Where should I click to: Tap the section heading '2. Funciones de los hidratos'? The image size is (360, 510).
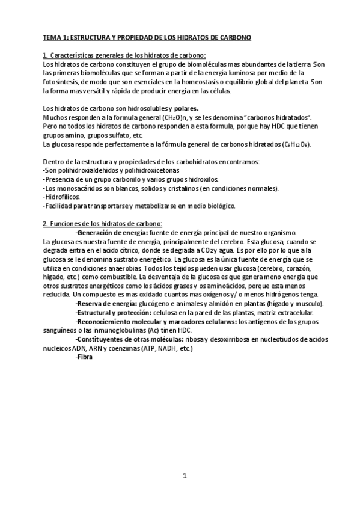(99, 224)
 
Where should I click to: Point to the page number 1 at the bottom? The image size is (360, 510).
(185, 476)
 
